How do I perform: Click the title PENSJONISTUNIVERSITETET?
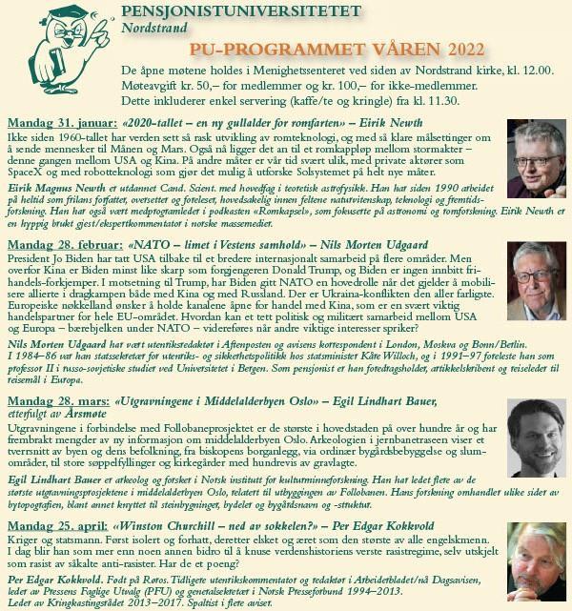pyautogui.click(x=242, y=12)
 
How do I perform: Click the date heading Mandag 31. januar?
pyautogui.click(x=58, y=122)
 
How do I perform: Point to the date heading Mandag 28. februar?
pyautogui.click(x=59, y=246)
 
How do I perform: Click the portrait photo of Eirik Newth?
pyautogui.click(x=536, y=157)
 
